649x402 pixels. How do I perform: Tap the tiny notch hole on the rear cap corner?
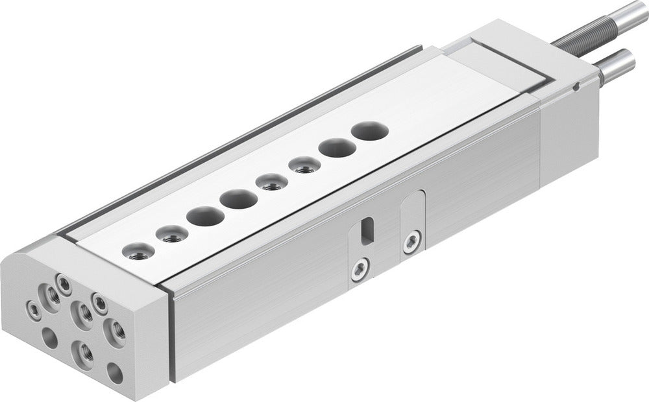pyautogui.click(x=576, y=85)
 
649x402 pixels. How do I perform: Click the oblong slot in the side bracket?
pyautogui.click(x=367, y=230)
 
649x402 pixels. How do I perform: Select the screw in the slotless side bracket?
pyautogui.click(x=410, y=242)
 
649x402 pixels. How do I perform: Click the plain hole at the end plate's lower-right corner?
pyautogui.click(x=115, y=373)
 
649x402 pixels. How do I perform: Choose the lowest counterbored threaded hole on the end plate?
pyautogui.click(x=84, y=352)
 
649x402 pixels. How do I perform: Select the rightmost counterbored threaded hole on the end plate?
pyautogui.click(x=117, y=331)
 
